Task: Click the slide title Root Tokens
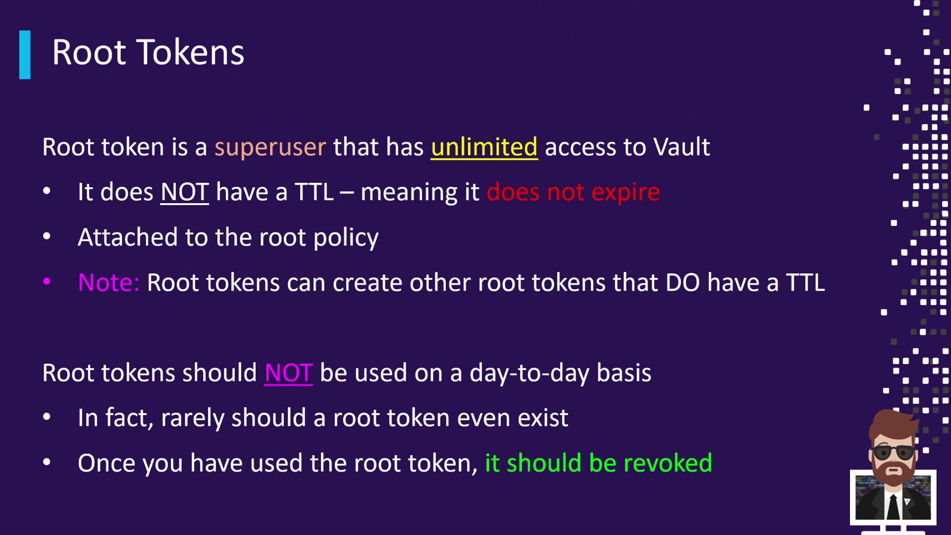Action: [148, 53]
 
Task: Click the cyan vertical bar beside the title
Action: [25, 55]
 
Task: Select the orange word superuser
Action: [270, 148]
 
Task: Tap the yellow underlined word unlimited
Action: [484, 147]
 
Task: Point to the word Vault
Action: [682, 147]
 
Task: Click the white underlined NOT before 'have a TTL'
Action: [184, 192]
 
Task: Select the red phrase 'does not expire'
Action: [573, 192]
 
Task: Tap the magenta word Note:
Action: [108, 283]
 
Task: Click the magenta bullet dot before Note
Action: [47, 282]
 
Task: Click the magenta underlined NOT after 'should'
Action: [288, 373]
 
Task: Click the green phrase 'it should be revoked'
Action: [598, 463]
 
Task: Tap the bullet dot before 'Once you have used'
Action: [47, 462]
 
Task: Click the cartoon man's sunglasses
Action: [894, 452]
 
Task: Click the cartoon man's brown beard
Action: [893, 471]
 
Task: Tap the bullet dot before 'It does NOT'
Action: [47, 191]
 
